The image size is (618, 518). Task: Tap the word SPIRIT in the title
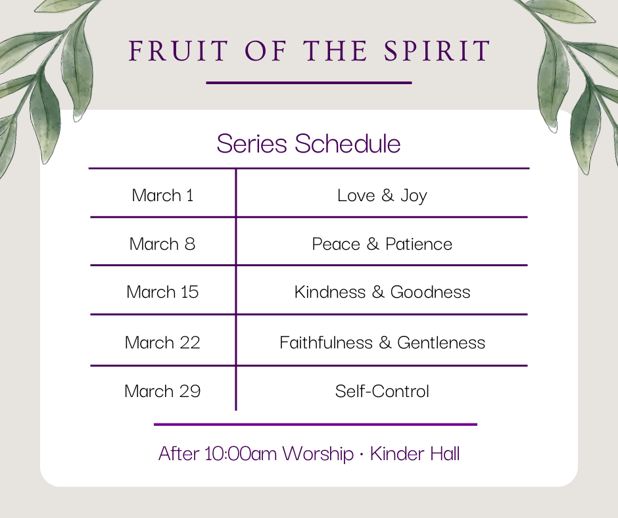pos(437,51)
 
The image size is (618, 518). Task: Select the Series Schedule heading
pos(308,143)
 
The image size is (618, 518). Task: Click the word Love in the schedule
pos(356,195)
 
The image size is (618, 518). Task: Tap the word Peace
pos(336,244)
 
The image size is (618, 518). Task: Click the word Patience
pos(419,244)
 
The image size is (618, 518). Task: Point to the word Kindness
pos(330,292)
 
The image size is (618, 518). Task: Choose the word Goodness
pos(431,292)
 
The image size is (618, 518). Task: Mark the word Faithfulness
pos(326,342)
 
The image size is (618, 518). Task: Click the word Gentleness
pos(441,342)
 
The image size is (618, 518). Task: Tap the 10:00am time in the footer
pos(241,454)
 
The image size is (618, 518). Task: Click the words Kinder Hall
pos(415,454)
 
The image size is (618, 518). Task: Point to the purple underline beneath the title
pos(309,83)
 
